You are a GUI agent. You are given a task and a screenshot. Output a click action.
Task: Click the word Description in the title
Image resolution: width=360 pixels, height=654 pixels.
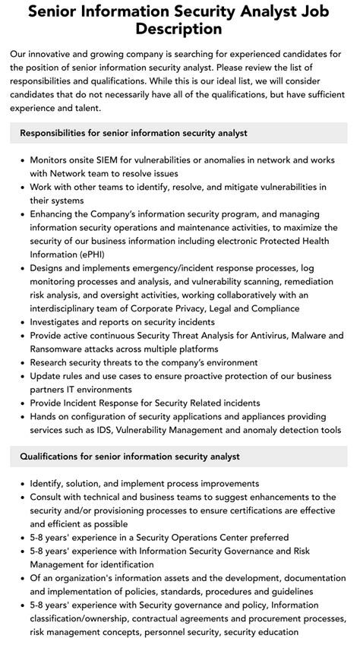tap(180, 30)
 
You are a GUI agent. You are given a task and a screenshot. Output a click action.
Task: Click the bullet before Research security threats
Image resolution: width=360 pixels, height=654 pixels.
tap(22, 364)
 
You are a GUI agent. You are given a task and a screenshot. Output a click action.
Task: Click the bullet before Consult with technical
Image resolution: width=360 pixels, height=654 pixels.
tap(22, 497)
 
